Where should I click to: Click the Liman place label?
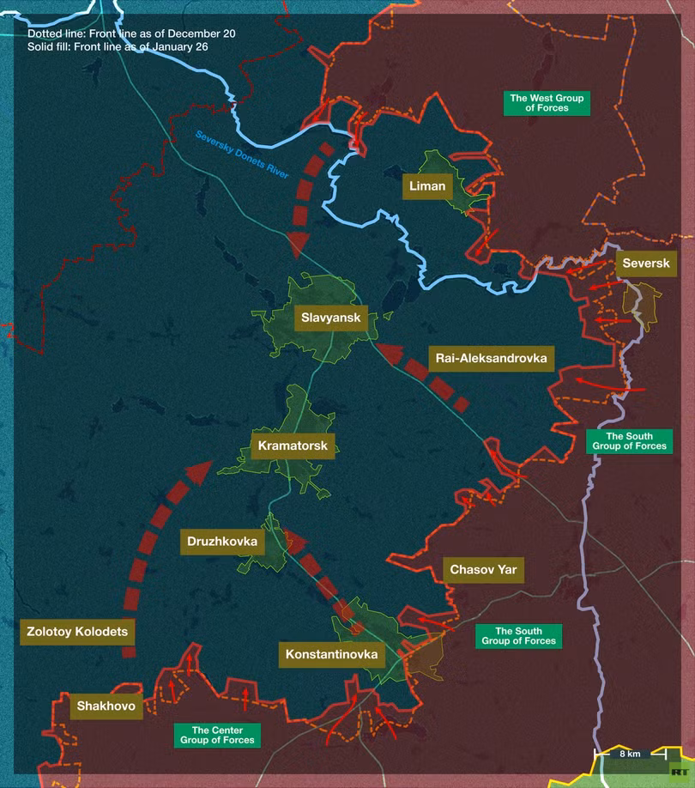pos(426,186)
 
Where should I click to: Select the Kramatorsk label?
pos(293,446)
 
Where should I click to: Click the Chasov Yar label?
pos(484,569)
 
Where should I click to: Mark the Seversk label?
pos(646,264)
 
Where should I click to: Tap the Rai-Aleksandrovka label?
pos(491,358)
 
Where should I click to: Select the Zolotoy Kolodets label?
pos(76,632)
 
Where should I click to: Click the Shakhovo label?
pos(106,706)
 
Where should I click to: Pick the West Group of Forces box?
pos(547,103)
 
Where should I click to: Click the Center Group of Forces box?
pos(217,735)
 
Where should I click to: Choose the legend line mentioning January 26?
pos(117,46)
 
